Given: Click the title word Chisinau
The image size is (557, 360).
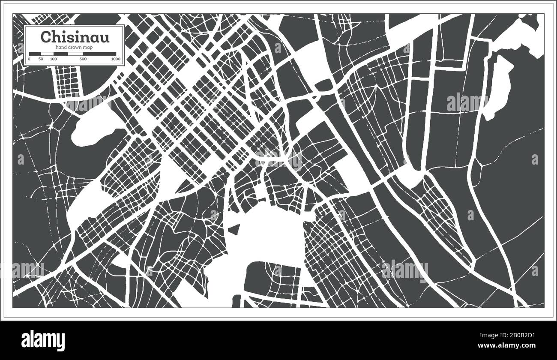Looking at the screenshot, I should [75, 37].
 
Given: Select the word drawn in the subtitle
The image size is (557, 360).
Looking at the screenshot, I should [75, 47].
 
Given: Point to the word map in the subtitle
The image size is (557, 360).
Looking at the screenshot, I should [88, 47].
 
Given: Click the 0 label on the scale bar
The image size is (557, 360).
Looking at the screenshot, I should [29, 59].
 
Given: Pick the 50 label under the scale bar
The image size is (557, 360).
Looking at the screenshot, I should [41, 59].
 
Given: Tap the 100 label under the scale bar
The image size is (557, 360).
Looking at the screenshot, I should [53, 59].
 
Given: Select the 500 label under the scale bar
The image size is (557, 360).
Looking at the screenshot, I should [83, 59].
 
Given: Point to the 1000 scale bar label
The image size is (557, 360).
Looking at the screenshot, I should [115, 59].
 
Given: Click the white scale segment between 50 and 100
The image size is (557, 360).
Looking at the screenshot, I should [47, 54].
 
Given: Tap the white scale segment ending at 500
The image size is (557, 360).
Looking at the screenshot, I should [75, 54].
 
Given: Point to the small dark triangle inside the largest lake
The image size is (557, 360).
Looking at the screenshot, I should [234, 230].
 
